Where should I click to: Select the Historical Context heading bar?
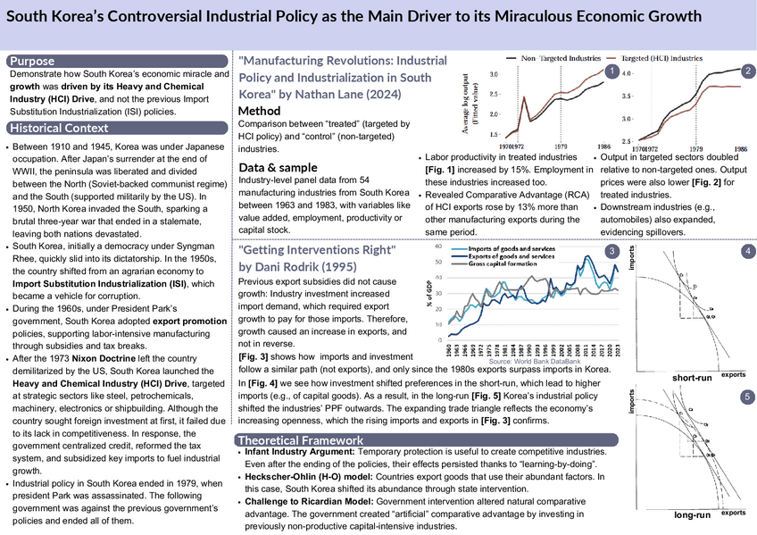(57, 127)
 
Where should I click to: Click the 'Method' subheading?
(260, 111)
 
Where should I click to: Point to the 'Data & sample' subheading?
(277, 167)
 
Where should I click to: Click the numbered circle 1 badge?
(610, 71)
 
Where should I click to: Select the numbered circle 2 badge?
(747, 71)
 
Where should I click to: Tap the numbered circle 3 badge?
(611, 253)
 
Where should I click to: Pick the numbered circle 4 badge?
(746, 253)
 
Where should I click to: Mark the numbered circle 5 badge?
(746, 395)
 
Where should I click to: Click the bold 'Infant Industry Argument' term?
(300, 454)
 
